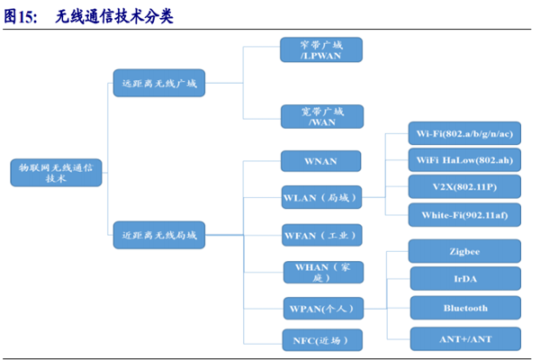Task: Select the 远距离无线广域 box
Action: (158, 84)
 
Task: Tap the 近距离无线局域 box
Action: (158, 237)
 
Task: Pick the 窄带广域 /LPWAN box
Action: (321, 49)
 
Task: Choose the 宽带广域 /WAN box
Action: (321, 116)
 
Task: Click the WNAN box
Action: (321, 161)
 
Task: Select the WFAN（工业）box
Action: (321, 236)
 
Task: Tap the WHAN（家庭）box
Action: (321, 272)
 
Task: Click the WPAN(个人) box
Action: (321, 309)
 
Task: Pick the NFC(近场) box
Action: (321, 339)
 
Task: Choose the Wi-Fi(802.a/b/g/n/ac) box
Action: (464, 134)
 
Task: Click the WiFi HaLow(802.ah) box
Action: (464, 160)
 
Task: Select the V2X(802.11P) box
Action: (464, 186)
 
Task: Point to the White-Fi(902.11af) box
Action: (464, 214)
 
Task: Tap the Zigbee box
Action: (464, 251)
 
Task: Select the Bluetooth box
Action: (464, 308)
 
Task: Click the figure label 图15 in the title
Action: (20, 15)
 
